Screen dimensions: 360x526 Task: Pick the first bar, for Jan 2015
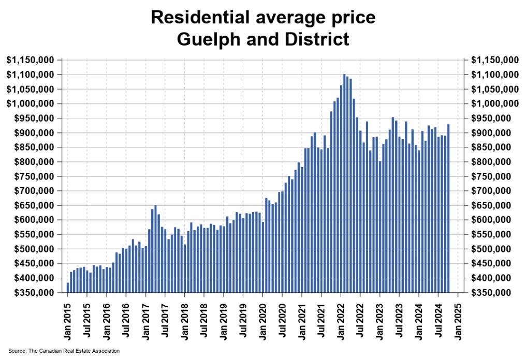68,288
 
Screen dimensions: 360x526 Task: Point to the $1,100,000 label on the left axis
32,75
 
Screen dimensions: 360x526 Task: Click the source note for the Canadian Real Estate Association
64,351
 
